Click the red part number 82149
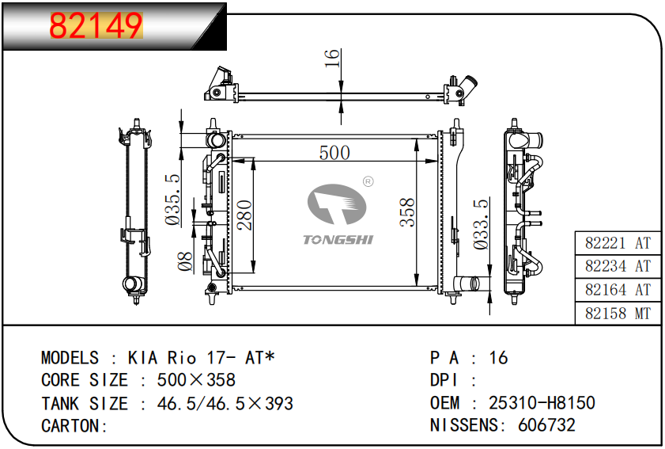point(96,25)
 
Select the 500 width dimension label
point(334,153)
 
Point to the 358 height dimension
point(407,212)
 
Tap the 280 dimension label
point(244,215)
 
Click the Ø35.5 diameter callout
point(172,200)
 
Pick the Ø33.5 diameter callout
point(481,224)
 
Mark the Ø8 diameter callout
point(185,261)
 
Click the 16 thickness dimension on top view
point(332,58)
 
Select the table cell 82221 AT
point(618,243)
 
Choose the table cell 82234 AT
point(618,266)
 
